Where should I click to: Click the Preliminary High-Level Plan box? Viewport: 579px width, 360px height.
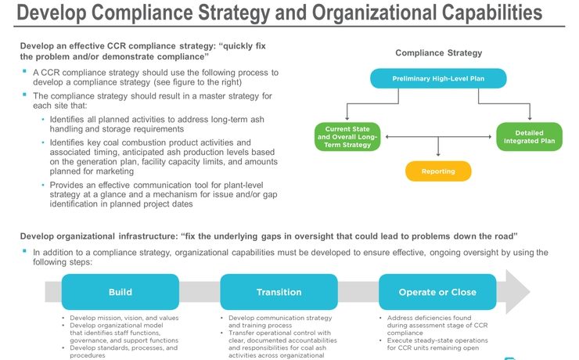click(x=438, y=78)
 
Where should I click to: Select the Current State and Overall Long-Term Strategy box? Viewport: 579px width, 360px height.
click(x=347, y=135)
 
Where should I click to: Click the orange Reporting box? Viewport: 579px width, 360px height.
click(x=438, y=171)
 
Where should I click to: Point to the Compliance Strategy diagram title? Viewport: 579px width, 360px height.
click(x=438, y=53)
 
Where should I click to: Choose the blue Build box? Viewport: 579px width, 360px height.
click(x=120, y=292)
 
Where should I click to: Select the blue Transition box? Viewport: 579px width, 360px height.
click(x=279, y=292)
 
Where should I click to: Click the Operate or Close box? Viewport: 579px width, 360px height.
click(x=437, y=292)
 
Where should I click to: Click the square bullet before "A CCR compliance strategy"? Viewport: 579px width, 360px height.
click(x=25, y=72)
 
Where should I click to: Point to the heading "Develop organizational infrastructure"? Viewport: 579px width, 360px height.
click(x=98, y=236)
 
